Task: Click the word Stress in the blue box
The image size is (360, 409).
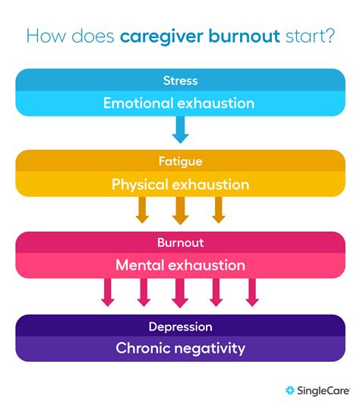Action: point(180,80)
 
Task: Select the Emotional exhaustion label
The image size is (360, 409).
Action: point(180,103)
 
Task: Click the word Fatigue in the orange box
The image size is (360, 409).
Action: point(180,162)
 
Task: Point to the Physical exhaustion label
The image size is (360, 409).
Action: point(180,185)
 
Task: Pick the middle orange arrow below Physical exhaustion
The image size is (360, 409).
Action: point(180,210)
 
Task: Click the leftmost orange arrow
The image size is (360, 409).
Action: point(142,210)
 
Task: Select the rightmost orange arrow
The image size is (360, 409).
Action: point(219,210)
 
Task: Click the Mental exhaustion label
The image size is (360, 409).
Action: point(180,266)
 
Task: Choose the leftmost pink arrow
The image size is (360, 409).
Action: point(108,292)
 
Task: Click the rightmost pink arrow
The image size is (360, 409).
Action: point(252,292)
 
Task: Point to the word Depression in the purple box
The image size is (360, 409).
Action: point(180,326)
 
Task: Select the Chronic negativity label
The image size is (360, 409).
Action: point(180,349)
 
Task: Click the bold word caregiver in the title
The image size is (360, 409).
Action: point(157,36)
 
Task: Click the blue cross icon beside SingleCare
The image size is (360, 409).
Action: point(290,391)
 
